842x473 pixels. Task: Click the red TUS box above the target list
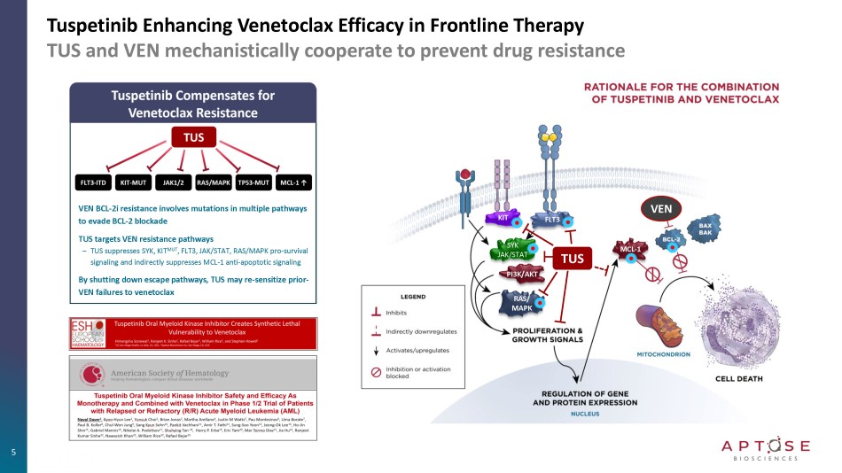193,137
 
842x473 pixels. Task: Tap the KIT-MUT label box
133,183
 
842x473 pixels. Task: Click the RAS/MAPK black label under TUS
213,183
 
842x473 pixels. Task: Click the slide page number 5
13,453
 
